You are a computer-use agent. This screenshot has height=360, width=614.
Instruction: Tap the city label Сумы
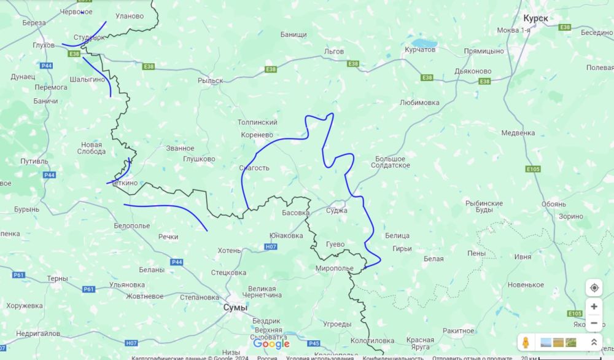coord(235,307)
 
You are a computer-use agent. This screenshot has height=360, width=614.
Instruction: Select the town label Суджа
coord(337,211)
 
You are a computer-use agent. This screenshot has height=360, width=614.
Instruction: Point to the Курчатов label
coord(420,50)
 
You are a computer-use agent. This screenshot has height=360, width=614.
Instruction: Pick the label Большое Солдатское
coord(391,162)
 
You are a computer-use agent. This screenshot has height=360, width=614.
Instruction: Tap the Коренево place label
coord(257,135)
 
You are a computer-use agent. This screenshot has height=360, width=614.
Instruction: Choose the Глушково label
coord(199,159)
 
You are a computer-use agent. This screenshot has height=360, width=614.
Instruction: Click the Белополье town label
coord(132,226)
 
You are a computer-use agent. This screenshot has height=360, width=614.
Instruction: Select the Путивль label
coord(34,162)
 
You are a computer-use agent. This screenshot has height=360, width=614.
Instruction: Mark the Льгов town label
coord(334,52)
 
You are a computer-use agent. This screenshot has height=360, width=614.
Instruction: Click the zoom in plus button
coord(594,307)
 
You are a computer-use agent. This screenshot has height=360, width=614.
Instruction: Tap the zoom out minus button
coord(594,323)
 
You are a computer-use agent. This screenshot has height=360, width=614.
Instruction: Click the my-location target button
coord(594,288)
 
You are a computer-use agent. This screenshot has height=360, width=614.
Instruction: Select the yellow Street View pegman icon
coord(526,342)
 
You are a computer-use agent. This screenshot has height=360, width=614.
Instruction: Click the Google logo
coord(271,344)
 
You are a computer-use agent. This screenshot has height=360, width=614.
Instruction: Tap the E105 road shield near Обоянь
coord(533,169)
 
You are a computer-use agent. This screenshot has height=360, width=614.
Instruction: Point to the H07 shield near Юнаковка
coord(271,246)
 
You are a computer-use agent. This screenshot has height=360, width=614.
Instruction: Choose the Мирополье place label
coord(334,269)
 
